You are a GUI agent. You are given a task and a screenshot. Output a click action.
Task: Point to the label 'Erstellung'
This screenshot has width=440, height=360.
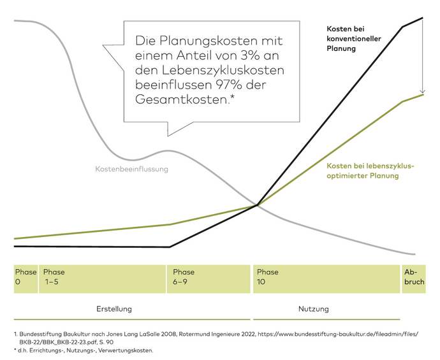point(114,309)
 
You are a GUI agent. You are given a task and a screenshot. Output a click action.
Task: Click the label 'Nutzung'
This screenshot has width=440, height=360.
point(313,309)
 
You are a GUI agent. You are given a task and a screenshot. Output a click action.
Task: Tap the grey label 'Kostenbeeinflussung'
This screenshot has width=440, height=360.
point(131,169)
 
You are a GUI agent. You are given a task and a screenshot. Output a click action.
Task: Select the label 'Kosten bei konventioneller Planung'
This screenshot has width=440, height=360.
point(353,38)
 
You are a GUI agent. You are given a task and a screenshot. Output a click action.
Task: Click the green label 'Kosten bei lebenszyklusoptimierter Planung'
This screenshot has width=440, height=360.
point(370,171)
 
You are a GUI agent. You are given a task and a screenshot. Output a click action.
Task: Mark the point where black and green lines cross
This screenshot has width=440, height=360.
point(257,205)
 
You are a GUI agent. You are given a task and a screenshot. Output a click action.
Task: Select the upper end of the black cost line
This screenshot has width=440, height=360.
point(423,18)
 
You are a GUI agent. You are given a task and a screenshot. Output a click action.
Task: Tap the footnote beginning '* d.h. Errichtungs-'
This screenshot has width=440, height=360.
point(83,350)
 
